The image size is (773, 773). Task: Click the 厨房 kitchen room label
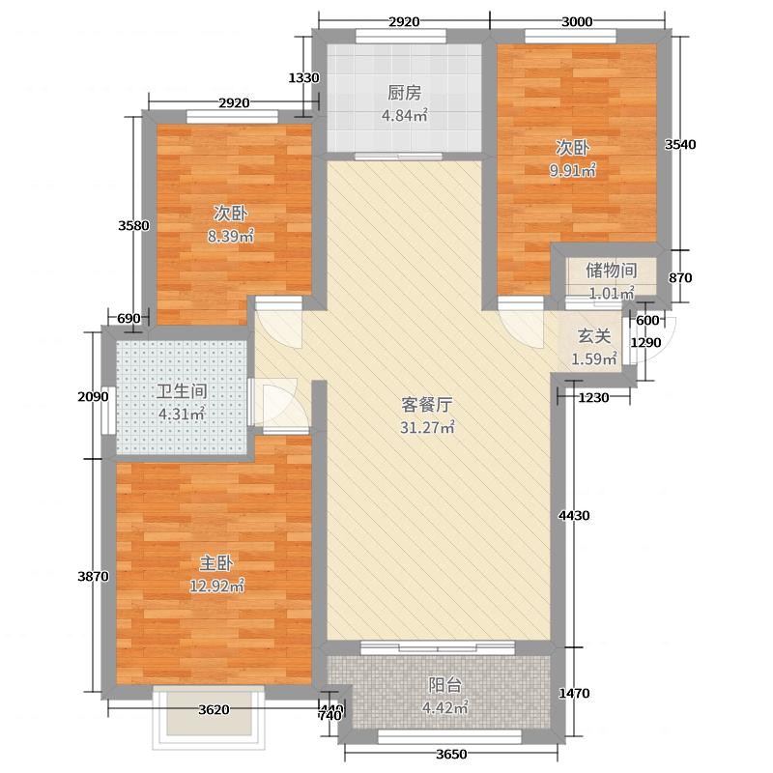click(x=405, y=94)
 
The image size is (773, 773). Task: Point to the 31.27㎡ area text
click(x=427, y=429)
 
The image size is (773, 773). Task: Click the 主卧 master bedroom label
click(x=215, y=562)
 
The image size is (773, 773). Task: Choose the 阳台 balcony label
click(x=444, y=685)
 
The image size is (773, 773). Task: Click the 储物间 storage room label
click(x=611, y=271)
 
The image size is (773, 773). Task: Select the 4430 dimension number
click(x=574, y=516)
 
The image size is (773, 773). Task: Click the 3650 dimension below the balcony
click(x=451, y=755)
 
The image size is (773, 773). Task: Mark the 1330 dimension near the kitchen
click(x=303, y=78)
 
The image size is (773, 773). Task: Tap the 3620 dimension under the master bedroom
click(x=214, y=710)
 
